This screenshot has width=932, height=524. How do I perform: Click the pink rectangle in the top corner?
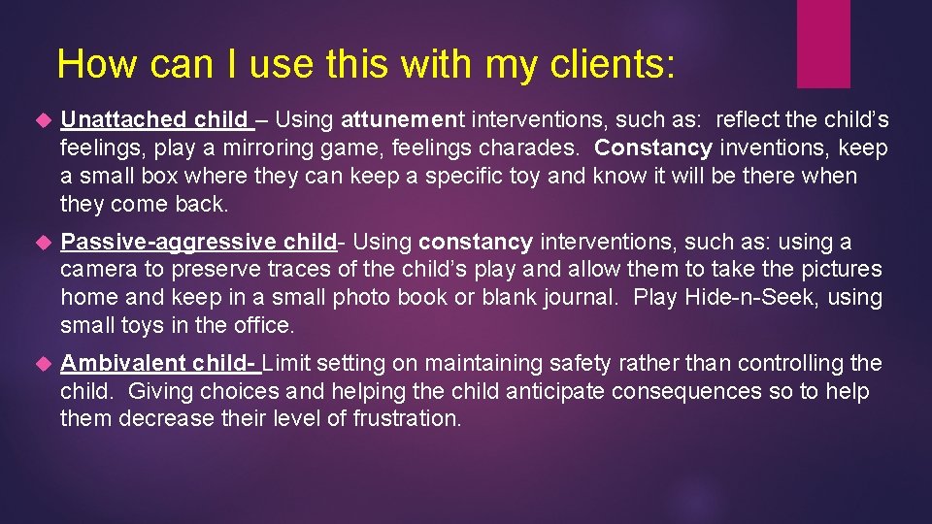pyautogui.click(x=823, y=43)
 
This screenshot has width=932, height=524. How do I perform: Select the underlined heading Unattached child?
pyautogui.click(x=155, y=120)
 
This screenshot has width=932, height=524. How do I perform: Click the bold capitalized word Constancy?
pyautogui.click(x=653, y=148)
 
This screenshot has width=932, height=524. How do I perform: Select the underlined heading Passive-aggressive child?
pyautogui.click(x=198, y=242)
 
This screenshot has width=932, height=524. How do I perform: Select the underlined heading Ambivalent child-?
pyautogui.click(x=159, y=363)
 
